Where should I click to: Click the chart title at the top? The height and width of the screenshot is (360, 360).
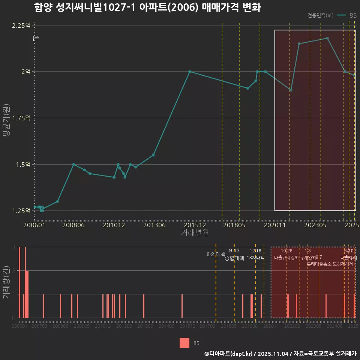[x=147, y=7]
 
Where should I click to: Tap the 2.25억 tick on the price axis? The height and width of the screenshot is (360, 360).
[x=21, y=25]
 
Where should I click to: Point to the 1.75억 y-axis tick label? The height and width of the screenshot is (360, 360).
[x=21, y=118]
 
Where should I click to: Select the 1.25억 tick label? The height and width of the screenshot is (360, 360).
[x=21, y=211]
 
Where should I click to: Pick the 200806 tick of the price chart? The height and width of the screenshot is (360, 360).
[x=73, y=225]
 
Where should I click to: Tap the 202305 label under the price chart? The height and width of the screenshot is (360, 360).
[x=315, y=225]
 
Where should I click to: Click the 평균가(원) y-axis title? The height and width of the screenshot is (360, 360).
[x=6, y=118]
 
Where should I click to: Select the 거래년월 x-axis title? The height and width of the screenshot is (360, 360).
[x=195, y=233]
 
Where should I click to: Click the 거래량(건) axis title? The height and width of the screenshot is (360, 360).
[x=6, y=282]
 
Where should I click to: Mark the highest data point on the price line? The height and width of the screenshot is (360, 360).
[x=327, y=38]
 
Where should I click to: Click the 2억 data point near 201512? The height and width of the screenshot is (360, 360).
[x=190, y=72]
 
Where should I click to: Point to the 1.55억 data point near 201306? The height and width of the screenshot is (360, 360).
[x=153, y=155]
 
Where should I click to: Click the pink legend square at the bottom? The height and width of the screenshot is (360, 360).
[x=184, y=343]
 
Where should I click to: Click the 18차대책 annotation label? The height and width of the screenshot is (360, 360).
[x=256, y=258]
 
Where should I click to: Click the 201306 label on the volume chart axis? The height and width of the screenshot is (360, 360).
[x=145, y=327]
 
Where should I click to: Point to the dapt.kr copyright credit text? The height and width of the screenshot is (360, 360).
[x=280, y=353]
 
